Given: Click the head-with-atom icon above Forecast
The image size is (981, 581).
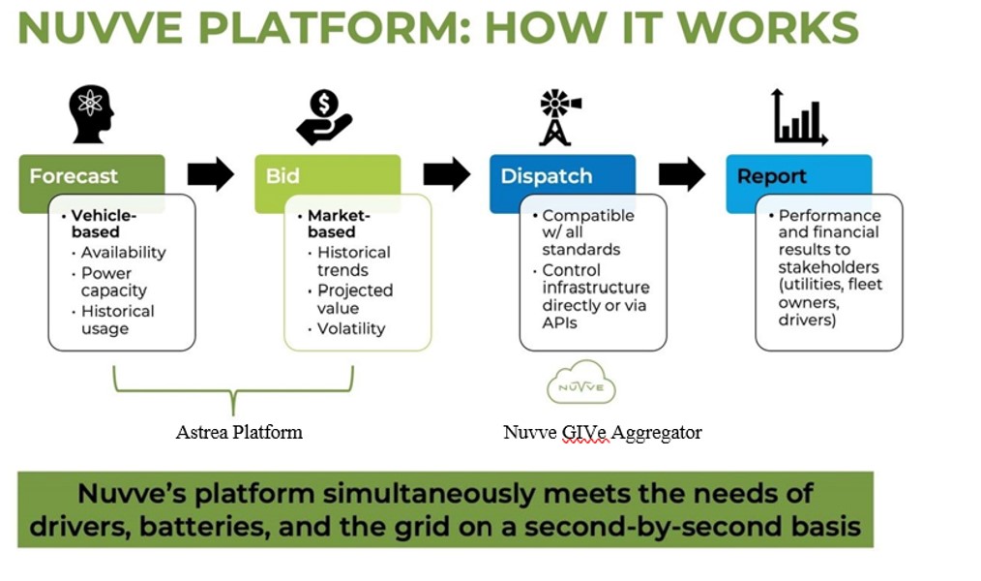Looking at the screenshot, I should click(91, 112).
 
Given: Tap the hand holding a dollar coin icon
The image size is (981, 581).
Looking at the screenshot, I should click(324, 116).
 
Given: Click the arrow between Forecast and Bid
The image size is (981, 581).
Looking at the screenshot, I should click(210, 174).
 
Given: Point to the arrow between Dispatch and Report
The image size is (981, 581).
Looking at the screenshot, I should click(682, 174).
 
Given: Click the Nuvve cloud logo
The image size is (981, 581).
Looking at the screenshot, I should click(580, 385).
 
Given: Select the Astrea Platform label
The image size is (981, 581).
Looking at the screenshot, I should click(239, 432).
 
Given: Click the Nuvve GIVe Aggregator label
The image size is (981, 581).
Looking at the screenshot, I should click(602, 432).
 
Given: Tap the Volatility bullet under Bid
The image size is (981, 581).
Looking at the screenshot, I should click(350, 329).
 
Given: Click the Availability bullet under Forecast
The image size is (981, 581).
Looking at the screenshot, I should click(123, 253).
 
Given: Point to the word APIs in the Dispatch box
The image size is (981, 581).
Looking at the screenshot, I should click(559, 322).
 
